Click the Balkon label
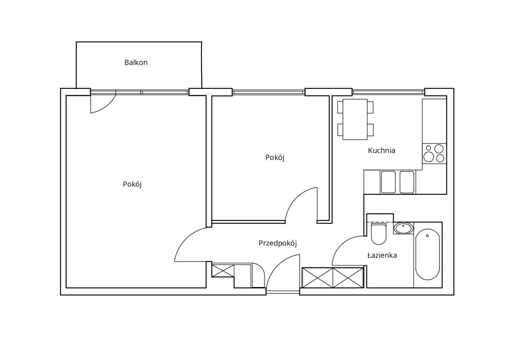[136, 63]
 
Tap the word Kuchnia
[381, 151]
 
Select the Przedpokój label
[278, 243]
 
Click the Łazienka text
[382, 255]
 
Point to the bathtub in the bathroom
[428, 254]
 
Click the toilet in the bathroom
[379, 234]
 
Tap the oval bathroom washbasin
[404, 228]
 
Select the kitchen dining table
[355, 119]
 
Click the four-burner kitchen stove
[434, 154]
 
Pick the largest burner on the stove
[428, 157]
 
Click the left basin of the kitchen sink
[388, 182]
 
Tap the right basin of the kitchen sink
[407, 182]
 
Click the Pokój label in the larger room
[132, 184]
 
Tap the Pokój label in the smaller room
[275, 157]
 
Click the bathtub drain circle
[428, 235]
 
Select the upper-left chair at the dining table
[340, 107]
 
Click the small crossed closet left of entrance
[223, 270]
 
